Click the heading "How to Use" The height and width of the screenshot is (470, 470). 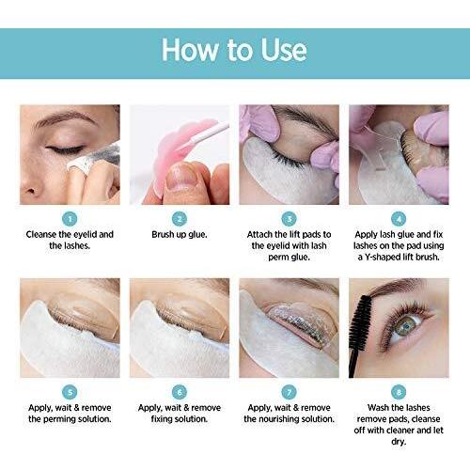coord(234,50)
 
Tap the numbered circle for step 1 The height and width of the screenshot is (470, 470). coord(70,219)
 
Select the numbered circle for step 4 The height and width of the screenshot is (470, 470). coord(399,219)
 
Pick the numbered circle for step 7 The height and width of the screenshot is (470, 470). coord(289,392)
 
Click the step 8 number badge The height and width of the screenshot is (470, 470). coord(399,392)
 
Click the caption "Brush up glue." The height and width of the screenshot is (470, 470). coord(180,235)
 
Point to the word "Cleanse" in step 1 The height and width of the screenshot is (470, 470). coord(41,234)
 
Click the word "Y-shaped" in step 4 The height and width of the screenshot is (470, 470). coord(383,258)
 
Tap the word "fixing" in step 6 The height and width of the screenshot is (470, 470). coord(160,419)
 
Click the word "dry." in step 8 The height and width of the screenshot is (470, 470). coord(399,442)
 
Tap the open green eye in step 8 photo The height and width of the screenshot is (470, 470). coord(407,327)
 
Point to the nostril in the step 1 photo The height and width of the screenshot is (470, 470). coord(30,190)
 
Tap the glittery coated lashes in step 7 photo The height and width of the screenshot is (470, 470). coord(301,326)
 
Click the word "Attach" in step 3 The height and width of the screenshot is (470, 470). coord(259,234)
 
